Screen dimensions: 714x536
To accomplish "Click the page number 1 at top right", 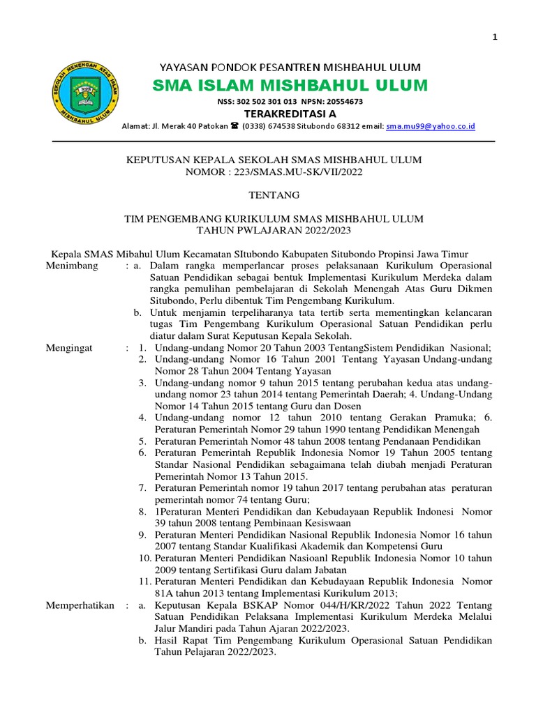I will coord(495,38).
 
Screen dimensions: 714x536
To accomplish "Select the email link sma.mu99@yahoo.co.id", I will coord(431,126).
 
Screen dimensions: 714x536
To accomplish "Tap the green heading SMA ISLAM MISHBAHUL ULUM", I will coord(290,86).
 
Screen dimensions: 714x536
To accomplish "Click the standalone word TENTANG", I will coord(273,195).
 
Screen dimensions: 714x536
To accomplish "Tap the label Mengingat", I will coord(69,347).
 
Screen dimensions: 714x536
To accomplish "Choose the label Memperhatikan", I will coord(80,606).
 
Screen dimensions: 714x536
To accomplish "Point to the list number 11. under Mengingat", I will coord(144,581).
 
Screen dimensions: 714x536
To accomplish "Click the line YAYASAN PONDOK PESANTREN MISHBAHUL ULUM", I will coord(290,68).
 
